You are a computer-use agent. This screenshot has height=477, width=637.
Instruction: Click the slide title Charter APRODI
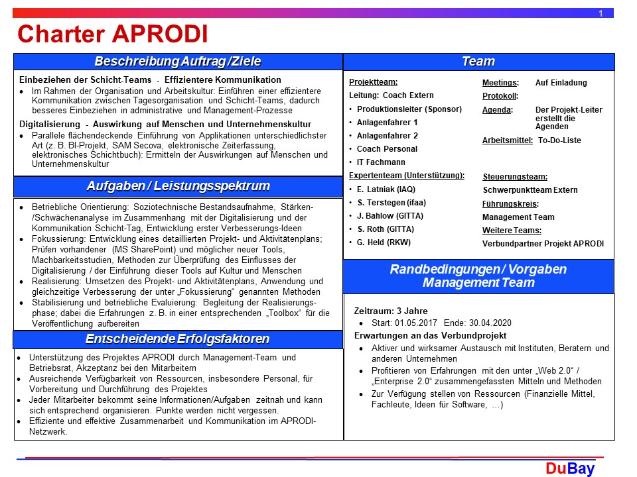(112, 33)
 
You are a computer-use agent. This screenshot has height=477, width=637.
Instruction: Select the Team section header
(478, 62)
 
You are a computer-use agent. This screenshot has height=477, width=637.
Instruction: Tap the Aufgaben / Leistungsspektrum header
(178, 185)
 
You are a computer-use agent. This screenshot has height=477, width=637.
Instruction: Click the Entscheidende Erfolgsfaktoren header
(178, 339)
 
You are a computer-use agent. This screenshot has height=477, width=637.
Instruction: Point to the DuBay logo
(570, 469)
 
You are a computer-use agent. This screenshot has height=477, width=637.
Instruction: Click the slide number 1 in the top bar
(601, 13)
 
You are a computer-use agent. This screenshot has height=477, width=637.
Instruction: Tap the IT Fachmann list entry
(381, 162)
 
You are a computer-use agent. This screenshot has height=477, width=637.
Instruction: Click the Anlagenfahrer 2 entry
(388, 136)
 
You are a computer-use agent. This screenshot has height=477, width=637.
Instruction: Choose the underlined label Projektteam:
(374, 83)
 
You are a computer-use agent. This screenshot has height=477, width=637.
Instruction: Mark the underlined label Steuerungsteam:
(515, 177)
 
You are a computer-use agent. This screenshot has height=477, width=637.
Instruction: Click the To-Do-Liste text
(559, 140)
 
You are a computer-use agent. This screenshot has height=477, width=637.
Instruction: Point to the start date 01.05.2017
(418, 323)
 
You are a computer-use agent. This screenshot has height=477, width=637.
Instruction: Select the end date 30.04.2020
(490, 323)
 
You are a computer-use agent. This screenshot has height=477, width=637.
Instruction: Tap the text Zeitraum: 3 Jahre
(391, 311)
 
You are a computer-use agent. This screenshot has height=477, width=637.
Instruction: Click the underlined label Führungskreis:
(510, 204)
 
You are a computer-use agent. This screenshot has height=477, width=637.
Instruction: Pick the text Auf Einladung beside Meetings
(561, 83)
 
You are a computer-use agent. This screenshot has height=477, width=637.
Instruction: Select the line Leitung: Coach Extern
(391, 96)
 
